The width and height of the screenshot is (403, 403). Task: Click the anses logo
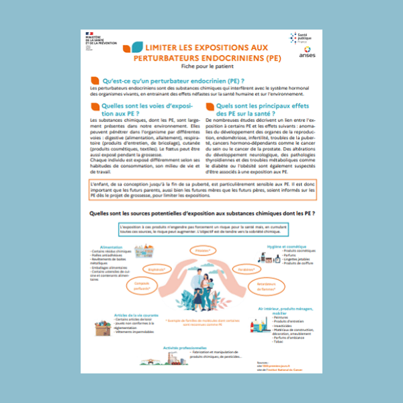point(306,52)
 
